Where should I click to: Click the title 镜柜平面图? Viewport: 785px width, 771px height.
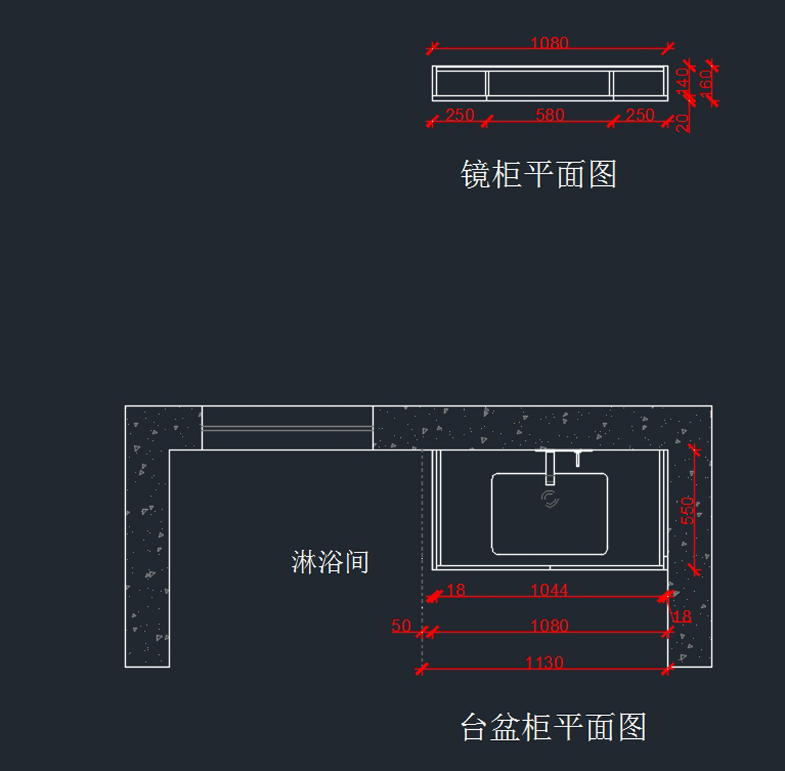pos(538,175)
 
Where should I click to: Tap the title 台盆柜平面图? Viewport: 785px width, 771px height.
pos(553,727)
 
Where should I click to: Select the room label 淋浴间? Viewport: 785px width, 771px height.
pos(330,562)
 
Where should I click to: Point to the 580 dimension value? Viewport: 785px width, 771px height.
pos(549,115)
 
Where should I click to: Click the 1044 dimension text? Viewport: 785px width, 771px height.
pos(549,590)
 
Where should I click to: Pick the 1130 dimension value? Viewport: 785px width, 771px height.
pos(544,663)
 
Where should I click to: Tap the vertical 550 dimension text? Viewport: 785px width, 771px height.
pos(688,511)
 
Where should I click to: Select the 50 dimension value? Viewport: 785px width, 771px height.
pos(401,626)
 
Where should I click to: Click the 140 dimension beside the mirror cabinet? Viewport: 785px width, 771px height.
pos(682,80)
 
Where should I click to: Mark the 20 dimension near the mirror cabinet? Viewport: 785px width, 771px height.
pos(682,122)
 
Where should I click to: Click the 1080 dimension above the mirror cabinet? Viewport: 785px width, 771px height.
pos(549,43)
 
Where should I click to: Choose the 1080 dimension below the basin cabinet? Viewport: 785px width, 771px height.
pos(549,626)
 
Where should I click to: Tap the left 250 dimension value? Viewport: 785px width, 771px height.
pos(460,115)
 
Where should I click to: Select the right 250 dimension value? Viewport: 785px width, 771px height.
pos(640,115)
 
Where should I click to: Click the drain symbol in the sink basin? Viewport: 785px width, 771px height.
pos(550,499)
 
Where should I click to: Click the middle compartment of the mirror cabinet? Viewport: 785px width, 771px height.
pos(549,84)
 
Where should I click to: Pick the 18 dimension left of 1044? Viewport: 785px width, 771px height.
pos(455,590)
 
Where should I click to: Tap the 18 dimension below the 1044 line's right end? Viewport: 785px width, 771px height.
pos(682,617)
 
